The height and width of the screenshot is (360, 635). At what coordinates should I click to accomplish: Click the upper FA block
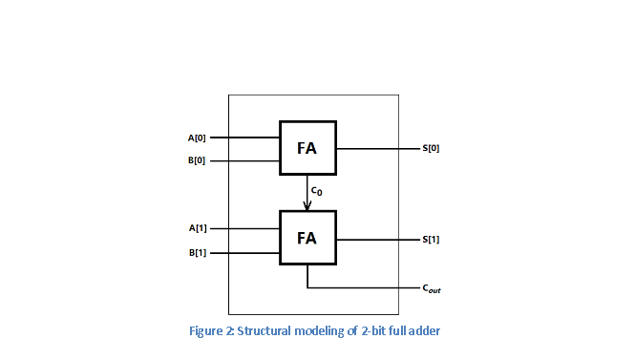point(307,149)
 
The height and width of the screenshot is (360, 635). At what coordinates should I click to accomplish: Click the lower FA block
point(307,238)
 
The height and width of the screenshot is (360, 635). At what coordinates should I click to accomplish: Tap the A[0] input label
point(197,138)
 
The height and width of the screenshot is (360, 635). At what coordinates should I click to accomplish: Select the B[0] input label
point(197,161)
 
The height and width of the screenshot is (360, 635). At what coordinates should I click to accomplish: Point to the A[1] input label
point(197,228)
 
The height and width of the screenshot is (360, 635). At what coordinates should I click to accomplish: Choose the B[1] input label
point(197,253)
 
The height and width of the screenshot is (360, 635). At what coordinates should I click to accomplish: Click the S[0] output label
point(431,149)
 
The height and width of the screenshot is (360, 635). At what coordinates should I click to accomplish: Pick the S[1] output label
point(431,240)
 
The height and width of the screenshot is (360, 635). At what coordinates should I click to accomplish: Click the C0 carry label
point(317,191)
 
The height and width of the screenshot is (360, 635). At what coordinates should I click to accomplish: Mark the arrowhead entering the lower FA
point(307,206)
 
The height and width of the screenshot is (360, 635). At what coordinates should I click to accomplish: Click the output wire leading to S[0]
point(377,149)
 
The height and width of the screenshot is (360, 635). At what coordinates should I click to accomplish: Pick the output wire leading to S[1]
point(377,240)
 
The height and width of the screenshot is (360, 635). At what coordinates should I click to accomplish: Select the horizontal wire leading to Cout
point(363,287)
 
